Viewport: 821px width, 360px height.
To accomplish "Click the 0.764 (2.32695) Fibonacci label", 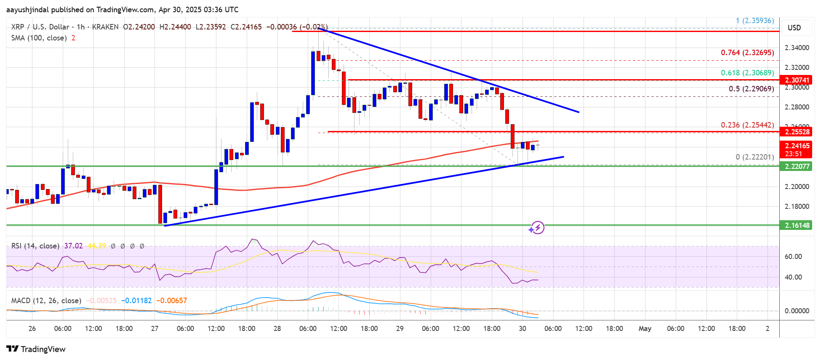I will [x=747, y=53].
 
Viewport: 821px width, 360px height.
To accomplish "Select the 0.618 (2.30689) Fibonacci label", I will [x=747, y=73].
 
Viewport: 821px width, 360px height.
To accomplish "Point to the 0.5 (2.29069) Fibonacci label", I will [x=751, y=89].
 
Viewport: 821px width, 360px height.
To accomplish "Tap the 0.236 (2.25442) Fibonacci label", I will [x=747, y=125].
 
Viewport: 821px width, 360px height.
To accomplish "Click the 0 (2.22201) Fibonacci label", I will [x=754, y=157].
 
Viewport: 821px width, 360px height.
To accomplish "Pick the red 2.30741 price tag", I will [x=797, y=80].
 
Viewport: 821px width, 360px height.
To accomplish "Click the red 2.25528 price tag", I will [x=797, y=132].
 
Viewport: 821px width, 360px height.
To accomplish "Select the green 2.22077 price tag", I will [x=797, y=166].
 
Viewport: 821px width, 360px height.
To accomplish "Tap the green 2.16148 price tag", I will [x=797, y=225].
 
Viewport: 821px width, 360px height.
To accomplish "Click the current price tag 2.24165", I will [x=797, y=146].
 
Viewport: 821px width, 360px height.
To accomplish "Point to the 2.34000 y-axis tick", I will [x=797, y=48].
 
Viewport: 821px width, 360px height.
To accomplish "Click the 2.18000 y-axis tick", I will [x=797, y=206].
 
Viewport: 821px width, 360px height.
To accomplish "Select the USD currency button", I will [x=794, y=28].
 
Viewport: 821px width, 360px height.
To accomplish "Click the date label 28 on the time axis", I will [x=277, y=328].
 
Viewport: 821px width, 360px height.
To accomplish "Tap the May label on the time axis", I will [x=645, y=328].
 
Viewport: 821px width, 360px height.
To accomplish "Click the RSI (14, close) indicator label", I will [x=35, y=246].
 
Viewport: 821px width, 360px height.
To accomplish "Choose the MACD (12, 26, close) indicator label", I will [x=46, y=301].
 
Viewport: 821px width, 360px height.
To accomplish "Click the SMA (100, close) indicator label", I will [x=39, y=38].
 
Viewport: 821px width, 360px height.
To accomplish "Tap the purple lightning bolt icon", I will [x=537, y=228].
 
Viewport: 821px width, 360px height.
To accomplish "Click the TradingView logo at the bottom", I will [x=36, y=349].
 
